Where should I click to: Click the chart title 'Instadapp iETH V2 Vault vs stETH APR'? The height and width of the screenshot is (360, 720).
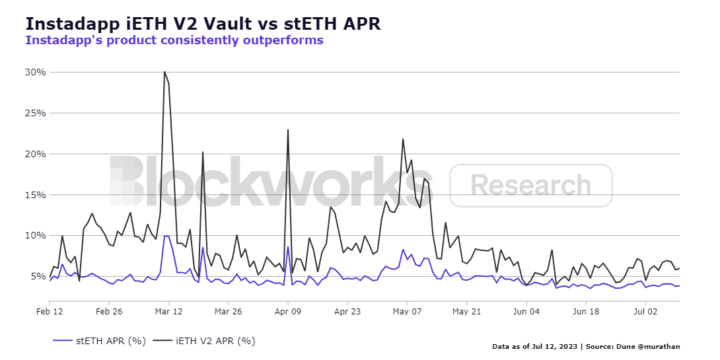click(203, 24)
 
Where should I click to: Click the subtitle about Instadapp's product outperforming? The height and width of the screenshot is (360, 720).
click(174, 40)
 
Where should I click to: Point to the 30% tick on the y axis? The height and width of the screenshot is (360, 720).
click(35, 72)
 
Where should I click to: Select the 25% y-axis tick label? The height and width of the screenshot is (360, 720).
click(35, 113)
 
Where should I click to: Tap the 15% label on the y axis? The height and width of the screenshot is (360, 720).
click(35, 195)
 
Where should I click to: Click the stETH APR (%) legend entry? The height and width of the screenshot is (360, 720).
click(98, 341)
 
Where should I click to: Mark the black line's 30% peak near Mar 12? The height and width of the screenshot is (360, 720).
click(164, 72)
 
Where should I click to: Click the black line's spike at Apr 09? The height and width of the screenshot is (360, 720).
click(288, 129)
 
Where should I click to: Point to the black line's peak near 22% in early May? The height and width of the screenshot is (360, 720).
click(403, 139)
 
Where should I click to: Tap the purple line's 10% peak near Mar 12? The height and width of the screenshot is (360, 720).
click(166, 236)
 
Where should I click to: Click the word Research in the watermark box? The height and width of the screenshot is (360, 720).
click(531, 185)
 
